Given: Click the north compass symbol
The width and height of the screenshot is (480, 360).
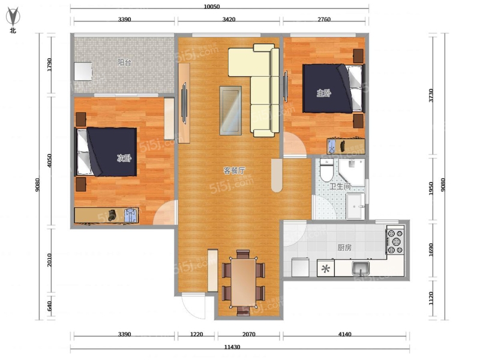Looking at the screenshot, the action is [13, 17].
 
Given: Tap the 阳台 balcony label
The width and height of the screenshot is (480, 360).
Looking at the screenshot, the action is [124, 62].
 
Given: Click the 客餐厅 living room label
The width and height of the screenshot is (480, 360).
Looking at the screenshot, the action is [234, 170].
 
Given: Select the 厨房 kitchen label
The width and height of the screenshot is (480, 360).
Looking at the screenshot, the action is [344, 247].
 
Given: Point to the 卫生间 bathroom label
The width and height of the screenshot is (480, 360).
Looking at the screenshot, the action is [340, 186].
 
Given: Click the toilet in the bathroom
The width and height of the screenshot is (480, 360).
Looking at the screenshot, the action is [326, 170].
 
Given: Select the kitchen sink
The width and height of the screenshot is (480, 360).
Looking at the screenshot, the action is [361, 268].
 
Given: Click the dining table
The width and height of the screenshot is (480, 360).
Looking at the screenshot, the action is [244, 282].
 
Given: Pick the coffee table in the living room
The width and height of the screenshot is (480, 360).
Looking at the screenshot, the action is [230, 110].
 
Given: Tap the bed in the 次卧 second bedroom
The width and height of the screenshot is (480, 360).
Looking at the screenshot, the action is [106, 152].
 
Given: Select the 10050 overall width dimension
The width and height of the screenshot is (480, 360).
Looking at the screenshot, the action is [212, 7].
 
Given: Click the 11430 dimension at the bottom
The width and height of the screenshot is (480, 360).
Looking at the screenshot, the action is [232, 347].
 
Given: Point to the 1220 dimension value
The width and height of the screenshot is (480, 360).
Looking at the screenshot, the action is [196, 334].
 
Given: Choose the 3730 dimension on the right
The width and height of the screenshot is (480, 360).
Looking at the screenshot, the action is [431, 95].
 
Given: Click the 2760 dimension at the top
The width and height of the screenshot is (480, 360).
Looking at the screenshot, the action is [324, 19].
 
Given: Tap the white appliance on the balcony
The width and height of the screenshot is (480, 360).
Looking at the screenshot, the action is [83, 71].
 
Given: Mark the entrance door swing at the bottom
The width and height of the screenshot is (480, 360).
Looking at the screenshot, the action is [193, 306].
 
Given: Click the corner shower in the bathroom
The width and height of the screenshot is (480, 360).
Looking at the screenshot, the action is [352, 172].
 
